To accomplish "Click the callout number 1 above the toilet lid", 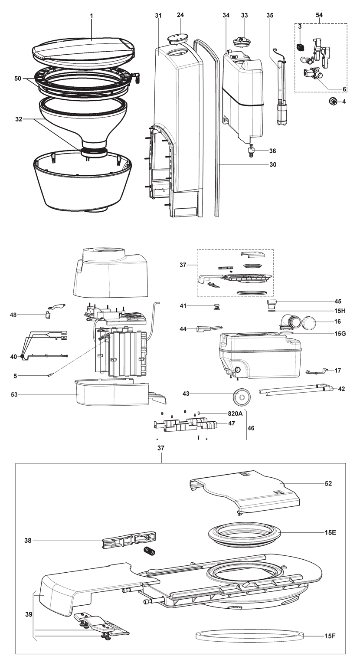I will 92,16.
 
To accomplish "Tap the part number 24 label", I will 180,15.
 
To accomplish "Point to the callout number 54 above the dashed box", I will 319,15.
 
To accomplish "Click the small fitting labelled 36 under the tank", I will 251,152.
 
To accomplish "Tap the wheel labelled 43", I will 240,396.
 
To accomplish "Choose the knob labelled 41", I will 216,308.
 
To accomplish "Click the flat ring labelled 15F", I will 250,636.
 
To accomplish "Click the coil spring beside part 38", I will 149,551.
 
